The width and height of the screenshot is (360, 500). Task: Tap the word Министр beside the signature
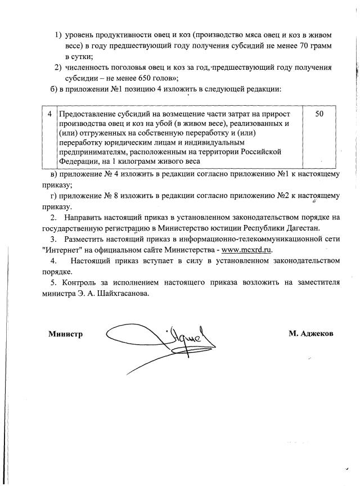(66, 334)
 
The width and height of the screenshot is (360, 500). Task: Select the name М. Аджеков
(310, 334)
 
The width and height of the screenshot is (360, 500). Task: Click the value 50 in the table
(319, 114)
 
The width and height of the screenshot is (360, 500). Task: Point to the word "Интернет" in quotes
(60, 250)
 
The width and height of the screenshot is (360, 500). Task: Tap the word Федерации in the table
(78, 161)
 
